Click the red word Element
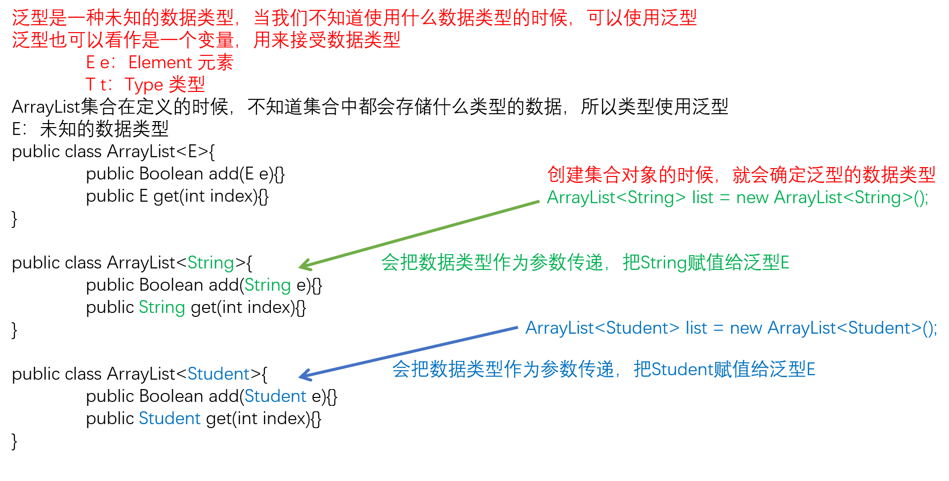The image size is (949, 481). coord(160,63)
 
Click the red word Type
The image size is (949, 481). coord(143,85)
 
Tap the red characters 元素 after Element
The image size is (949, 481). coord(215,63)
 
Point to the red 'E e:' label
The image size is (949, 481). coord(100,63)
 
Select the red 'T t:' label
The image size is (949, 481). coord(99,85)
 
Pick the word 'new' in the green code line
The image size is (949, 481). coord(752,198)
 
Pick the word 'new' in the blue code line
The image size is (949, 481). coord(745,328)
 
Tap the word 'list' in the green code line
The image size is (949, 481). coord(702,198)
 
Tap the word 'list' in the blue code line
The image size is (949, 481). coord(696,328)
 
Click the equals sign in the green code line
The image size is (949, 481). coord(725,198)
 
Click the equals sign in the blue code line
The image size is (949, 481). coord(718,329)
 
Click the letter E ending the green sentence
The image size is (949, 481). coord(784,263)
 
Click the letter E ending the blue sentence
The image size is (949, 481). coord(811,370)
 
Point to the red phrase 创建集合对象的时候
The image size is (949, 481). coord(630,175)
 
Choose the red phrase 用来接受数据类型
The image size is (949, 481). coord(327,41)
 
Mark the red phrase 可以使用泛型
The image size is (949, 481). coord(642,18)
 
